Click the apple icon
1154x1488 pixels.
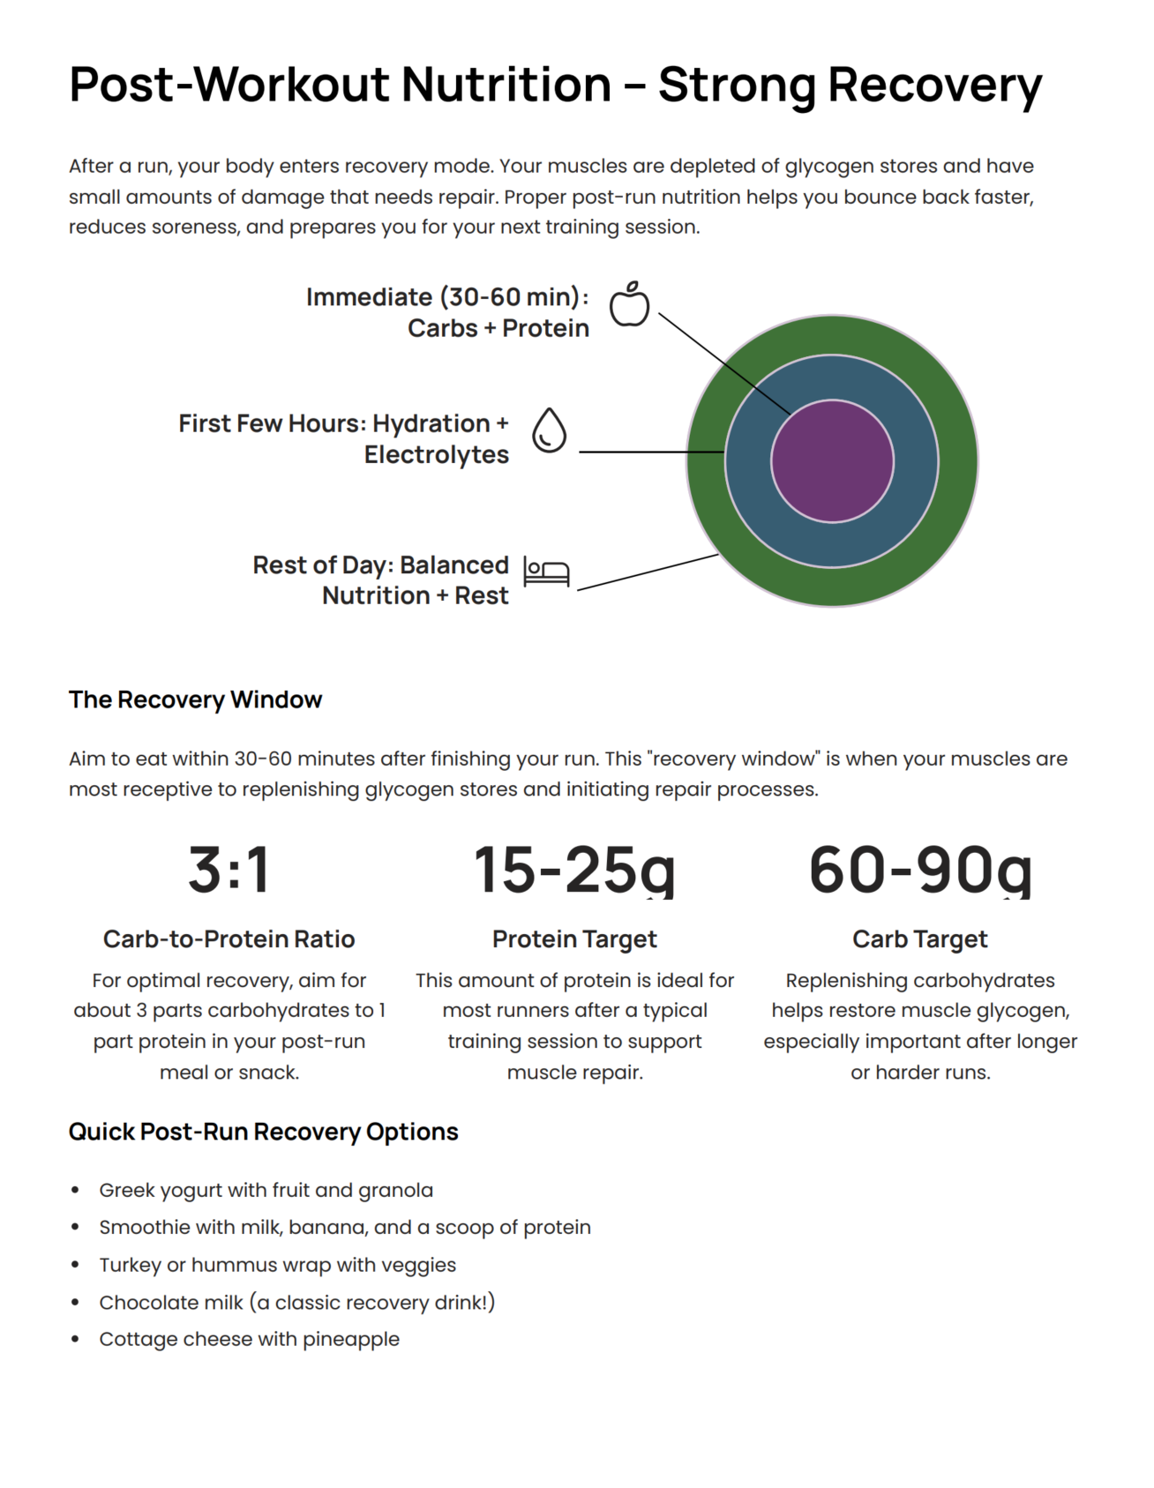tap(629, 305)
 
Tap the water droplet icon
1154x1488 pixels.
tap(549, 430)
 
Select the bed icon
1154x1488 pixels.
tap(546, 572)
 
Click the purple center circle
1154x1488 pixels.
tap(832, 461)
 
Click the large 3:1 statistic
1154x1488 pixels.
tap(229, 870)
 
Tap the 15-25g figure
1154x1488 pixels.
tap(574, 870)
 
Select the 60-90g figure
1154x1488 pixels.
tap(919, 870)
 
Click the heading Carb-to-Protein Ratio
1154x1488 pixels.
tap(229, 938)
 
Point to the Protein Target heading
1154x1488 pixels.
tap(574, 938)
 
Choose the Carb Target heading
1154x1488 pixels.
tap(919, 938)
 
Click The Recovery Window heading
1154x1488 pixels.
tap(195, 699)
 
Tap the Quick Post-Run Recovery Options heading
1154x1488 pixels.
tap(263, 1132)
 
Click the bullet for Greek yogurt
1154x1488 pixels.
tap(76, 1191)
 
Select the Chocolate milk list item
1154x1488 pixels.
tap(296, 1302)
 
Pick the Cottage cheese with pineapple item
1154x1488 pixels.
tap(249, 1339)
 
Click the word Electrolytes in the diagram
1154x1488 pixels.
tap(437, 455)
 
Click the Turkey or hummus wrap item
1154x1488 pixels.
tap(277, 1265)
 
